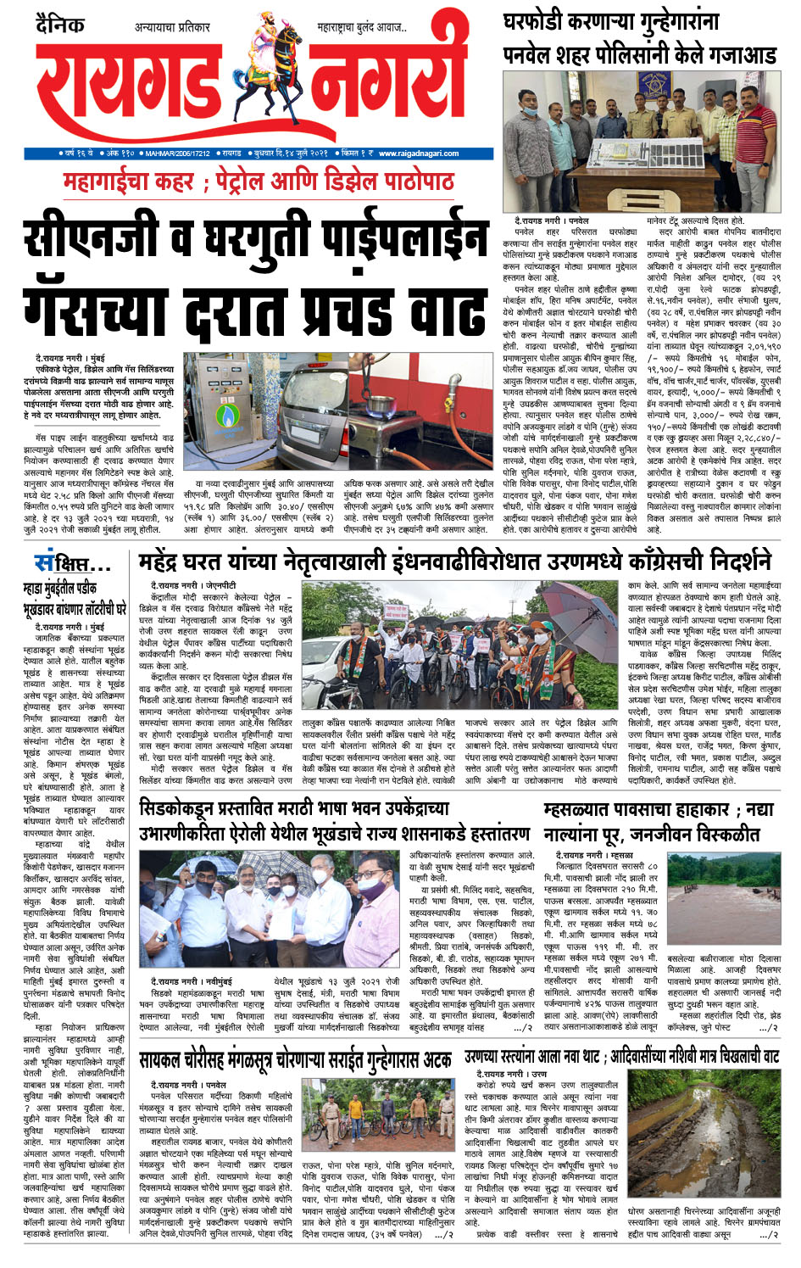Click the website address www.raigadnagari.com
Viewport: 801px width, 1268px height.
click(x=419, y=154)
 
